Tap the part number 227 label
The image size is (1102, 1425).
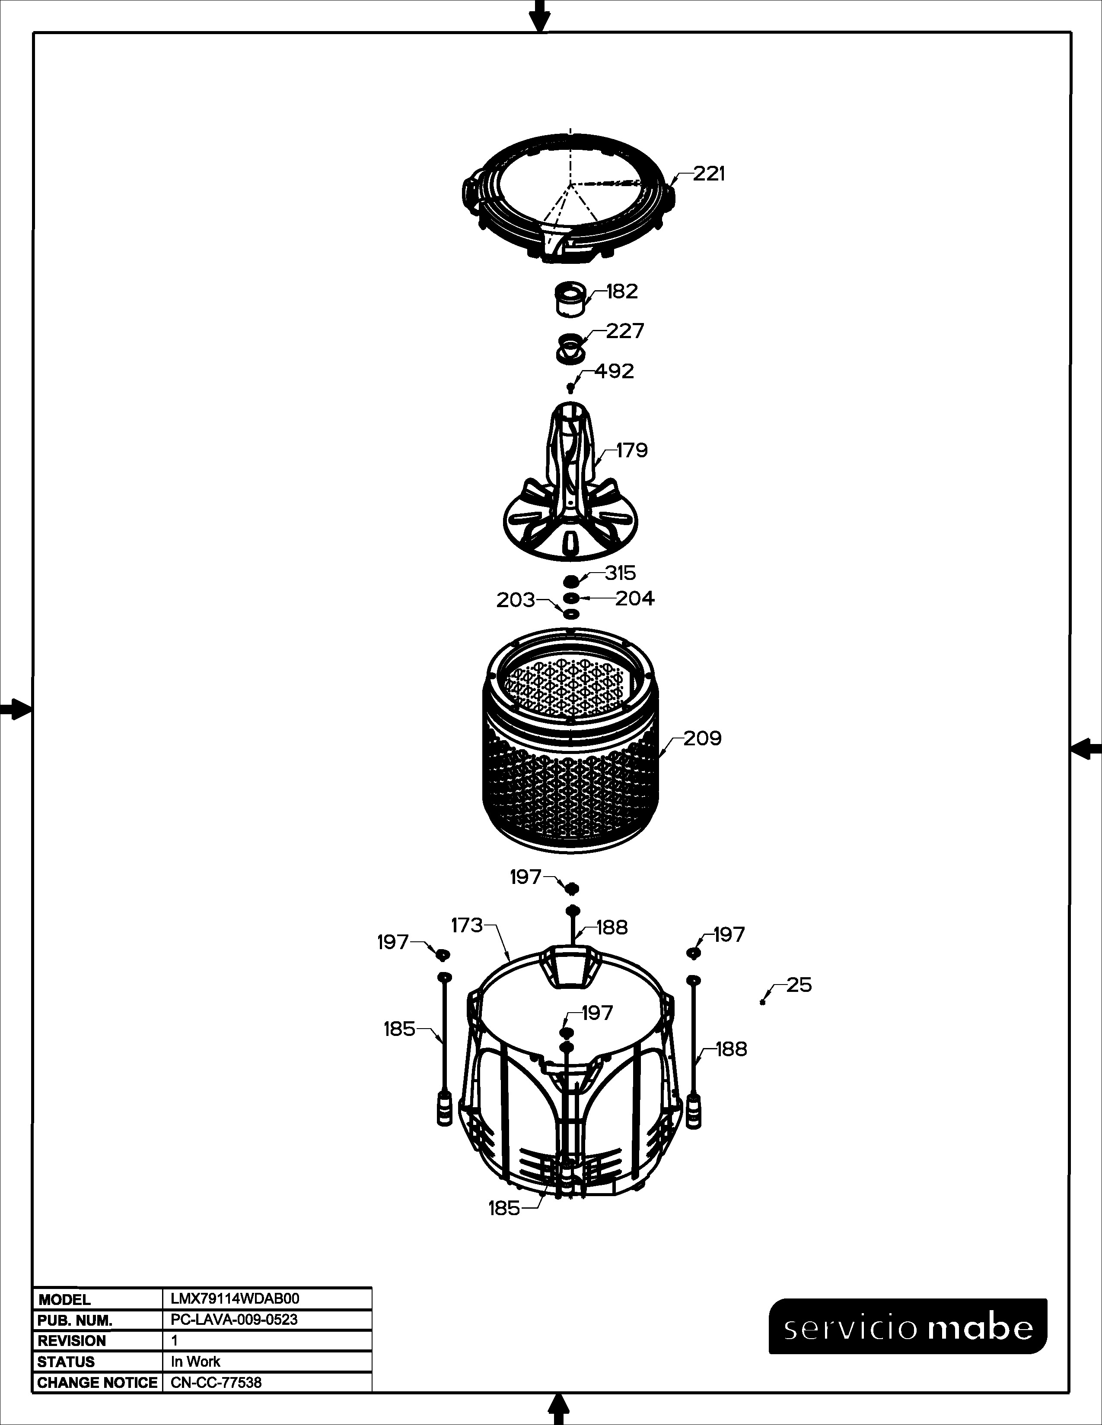pos(625,332)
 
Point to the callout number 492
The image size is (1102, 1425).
pos(615,371)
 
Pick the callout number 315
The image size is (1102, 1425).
pos(620,573)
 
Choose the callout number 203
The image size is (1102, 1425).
pos(516,600)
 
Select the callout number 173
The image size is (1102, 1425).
pos(468,925)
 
